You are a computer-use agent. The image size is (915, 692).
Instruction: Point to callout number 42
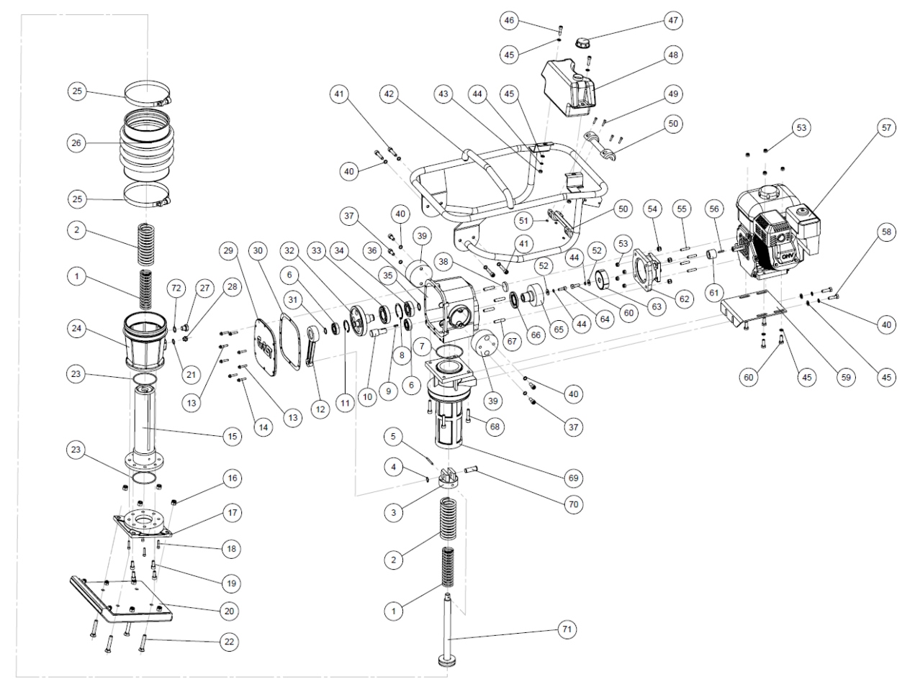pyautogui.click(x=390, y=94)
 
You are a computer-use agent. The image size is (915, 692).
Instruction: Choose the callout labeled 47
pyautogui.click(x=672, y=20)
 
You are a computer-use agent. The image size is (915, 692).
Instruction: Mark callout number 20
pyautogui.click(x=230, y=611)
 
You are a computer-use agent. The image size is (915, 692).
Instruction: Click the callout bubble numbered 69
pyautogui.click(x=573, y=478)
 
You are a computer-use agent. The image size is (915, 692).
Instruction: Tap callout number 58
pyautogui.click(x=885, y=232)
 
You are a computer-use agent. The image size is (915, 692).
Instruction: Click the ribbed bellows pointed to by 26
pyautogui.click(x=148, y=147)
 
